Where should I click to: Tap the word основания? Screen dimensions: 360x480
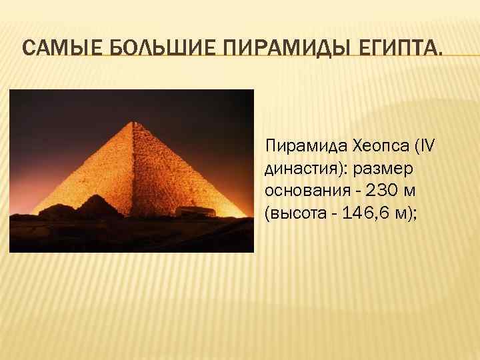point(304,191)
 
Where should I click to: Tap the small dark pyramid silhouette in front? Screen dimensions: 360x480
point(97,204)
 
